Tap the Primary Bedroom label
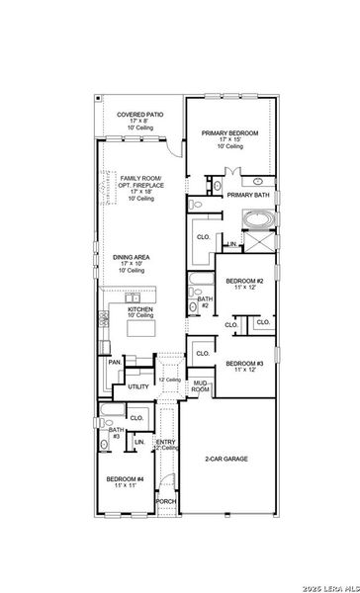pyautogui.click(x=230, y=132)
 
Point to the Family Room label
pyautogui.click(x=136, y=180)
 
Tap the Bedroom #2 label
pyautogui.click(x=244, y=282)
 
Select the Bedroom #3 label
pyautogui.click(x=244, y=364)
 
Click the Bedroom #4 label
pyautogui.click(x=126, y=478)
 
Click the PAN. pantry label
pyautogui.click(x=115, y=363)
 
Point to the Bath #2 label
pyautogui.click(x=204, y=302)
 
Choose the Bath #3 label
pyautogui.click(x=116, y=433)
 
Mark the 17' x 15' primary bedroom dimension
pyautogui.click(x=230, y=139)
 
